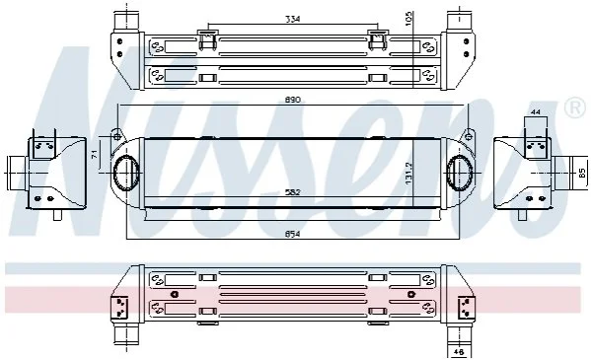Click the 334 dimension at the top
tap(292, 19)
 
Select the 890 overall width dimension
tap(293, 100)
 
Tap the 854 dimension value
tap(292, 234)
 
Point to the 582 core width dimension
tap(292, 192)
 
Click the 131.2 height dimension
tap(409, 174)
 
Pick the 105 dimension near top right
tap(409, 18)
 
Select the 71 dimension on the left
tap(95, 154)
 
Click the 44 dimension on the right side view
tap(535, 112)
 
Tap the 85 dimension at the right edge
tap(582, 173)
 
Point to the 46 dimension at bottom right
tap(459, 352)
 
